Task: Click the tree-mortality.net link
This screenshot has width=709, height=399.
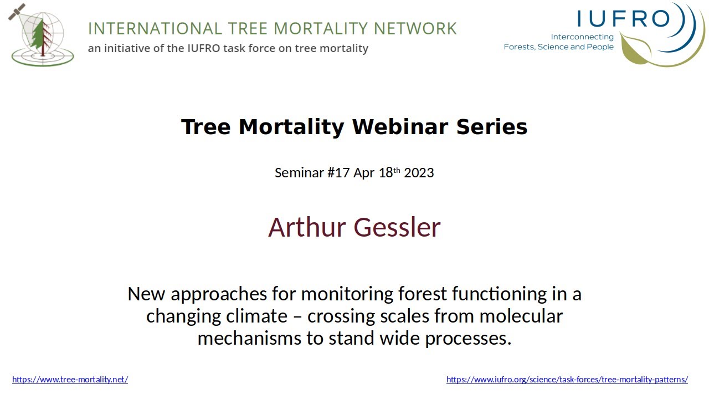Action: tap(70, 380)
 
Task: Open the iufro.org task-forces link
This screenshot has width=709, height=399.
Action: tap(567, 380)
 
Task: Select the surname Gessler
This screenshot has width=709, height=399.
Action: tap(397, 227)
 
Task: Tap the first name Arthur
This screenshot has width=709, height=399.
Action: tap(307, 227)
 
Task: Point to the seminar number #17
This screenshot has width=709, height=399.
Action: tap(338, 172)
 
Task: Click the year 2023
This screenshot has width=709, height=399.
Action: tap(419, 172)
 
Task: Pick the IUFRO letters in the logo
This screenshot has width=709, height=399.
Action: tap(623, 19)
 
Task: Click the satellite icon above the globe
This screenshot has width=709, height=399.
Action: tap(17, 11)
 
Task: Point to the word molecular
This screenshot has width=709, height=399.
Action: tap(521, 316)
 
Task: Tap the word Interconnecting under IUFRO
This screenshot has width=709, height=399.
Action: tap(582, 37)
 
